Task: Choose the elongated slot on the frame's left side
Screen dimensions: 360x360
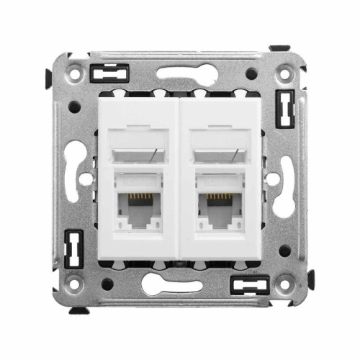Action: click(x=75, y=176)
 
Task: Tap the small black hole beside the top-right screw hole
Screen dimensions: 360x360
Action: click(x=251, y=73)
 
